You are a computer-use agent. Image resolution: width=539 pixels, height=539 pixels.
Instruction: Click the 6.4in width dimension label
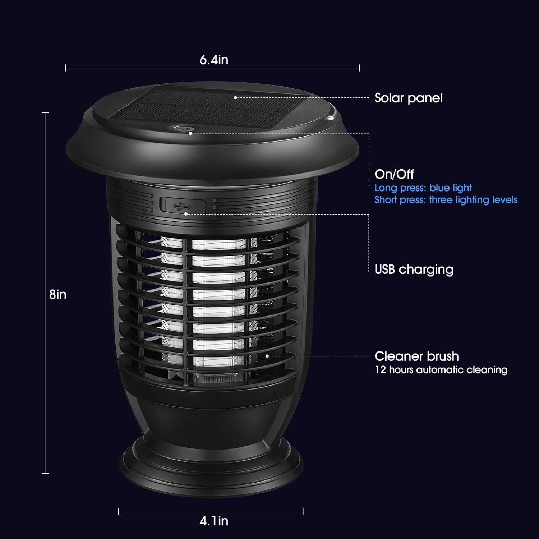(x=214, y=60)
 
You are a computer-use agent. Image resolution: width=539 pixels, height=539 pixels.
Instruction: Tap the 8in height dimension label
(x=58, y=295)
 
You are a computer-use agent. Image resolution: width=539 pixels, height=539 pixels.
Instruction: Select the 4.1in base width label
(x=214, y=521)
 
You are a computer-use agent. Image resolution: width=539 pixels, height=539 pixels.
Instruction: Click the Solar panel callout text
(x=408, y=98)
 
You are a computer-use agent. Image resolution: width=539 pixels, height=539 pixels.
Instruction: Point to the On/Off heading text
(x=394, y=174)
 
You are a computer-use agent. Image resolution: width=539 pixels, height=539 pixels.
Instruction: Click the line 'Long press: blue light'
(x=423, y=188)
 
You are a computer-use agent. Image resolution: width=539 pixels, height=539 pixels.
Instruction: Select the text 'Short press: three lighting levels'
(x=446, y=200)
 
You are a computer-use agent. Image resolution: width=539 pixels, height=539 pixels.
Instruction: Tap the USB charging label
(x=414, y=269)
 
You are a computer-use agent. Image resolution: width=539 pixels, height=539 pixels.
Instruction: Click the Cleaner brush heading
(x=416, y=356)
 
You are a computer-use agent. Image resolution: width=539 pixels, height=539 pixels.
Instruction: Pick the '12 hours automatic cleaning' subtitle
(x=441, y=370)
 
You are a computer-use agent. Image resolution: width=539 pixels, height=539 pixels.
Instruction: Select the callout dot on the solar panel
(x=235, y=97)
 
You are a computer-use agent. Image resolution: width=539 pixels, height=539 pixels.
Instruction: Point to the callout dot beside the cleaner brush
(x=267, y=356)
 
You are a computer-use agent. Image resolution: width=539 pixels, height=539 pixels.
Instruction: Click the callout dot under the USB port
(x=186, y=214)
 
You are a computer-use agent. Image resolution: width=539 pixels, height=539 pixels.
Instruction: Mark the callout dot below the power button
(x=190, y=133)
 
